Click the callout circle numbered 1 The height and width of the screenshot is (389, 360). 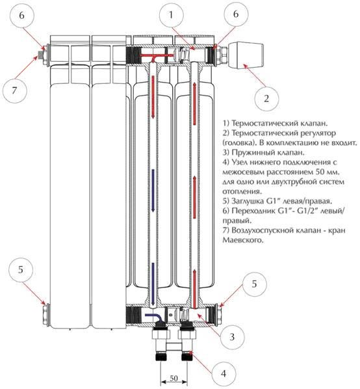[x=171, y=15]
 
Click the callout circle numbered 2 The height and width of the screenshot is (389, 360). [x=266, y=99]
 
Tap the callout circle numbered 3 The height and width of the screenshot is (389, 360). [x=232, y=337]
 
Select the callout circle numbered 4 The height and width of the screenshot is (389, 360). [x=224, y=373]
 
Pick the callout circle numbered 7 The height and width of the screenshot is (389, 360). [x=14, y=90]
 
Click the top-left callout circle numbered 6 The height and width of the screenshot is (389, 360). [x=21, y=16]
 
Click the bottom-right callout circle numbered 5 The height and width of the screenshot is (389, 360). [x=254, y=284]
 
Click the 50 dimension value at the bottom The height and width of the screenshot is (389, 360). [x=174, y=378]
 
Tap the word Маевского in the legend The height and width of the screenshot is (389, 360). [x=243, y=240]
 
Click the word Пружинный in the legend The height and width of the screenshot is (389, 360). [x=256, y=152]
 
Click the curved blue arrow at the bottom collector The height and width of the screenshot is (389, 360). [x=153, y=317]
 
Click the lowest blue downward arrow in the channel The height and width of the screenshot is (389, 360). [x=153, y=284]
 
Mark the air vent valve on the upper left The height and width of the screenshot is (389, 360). [x=40, y=55]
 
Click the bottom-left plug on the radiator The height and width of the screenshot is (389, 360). [x=46, y=315]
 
